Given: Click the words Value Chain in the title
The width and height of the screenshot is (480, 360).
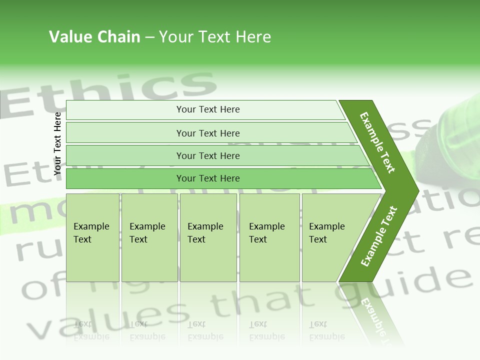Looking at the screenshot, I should pos(94,37).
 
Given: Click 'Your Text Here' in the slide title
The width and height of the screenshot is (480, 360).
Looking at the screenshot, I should pos(215,37).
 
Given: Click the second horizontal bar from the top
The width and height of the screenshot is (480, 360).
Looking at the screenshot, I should pos(208,133).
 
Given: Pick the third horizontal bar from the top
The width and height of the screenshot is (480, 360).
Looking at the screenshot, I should pos(208,155).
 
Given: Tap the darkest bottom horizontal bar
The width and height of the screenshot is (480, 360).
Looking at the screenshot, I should pos(208,178).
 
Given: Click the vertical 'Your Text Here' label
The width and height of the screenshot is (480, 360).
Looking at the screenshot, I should pos(58,143).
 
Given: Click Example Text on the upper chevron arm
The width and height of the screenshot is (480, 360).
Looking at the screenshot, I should pos(377,142).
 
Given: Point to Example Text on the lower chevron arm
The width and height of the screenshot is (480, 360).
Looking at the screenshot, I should pos(379,236).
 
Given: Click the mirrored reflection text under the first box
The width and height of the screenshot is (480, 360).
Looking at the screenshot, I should pos(91,330).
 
